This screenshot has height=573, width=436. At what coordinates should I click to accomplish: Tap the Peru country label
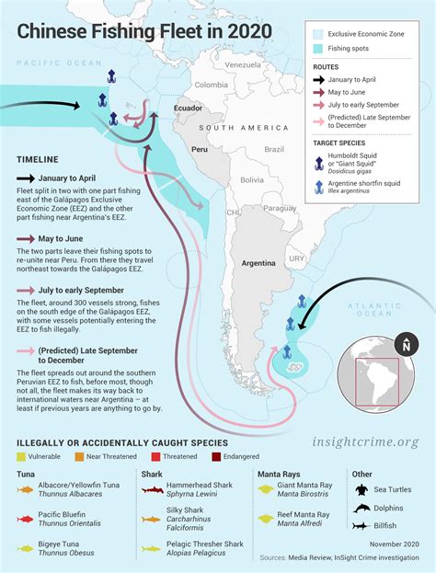pyautogui.click(x=199, y=148)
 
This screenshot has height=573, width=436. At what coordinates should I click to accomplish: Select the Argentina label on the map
pyautogui.click(x=258, y=262)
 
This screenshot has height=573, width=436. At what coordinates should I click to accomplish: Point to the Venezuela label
pyautogui.click(x=243, y=66)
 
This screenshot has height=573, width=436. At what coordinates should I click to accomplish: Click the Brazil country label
pyautogui.click(x=275, y=148)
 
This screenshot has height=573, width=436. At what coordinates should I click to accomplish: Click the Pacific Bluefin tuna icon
pyautogui.click(x=25, y=520)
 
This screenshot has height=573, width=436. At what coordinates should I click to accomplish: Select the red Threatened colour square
pyautogui.click(x=155, y=456)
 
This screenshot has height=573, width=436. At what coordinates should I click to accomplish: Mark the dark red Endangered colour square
pyautogui.click(x=214, y=456)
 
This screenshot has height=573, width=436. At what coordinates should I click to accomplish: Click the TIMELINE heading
pyautogui.click(x=37, y=158)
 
